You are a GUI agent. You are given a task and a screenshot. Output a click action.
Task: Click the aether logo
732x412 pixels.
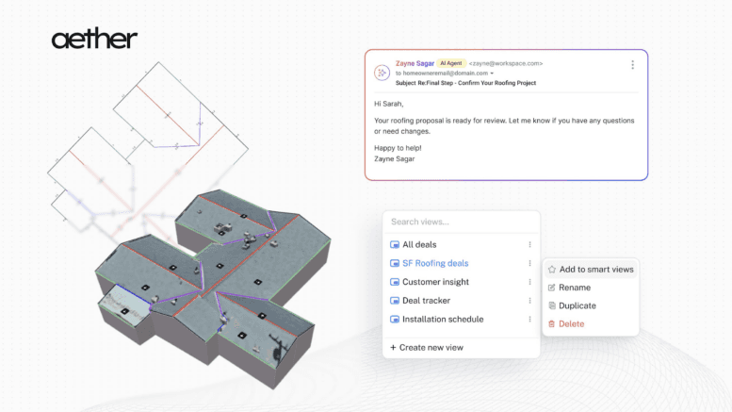(94, 39)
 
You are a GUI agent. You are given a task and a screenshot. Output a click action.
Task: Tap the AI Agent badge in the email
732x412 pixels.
(451, 63)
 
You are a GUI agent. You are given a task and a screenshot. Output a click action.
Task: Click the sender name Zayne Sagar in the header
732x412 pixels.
(415, 63)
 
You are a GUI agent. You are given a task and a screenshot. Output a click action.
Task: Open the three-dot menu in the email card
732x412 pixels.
(632, 64)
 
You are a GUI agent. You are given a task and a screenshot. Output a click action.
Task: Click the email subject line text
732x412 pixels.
(465, 83)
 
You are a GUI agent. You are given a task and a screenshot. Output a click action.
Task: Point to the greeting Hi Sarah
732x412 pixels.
(388, 104)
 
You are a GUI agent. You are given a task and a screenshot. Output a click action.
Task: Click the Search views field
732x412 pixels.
(462, 222)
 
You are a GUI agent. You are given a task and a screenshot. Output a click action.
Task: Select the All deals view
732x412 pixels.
(419, 244)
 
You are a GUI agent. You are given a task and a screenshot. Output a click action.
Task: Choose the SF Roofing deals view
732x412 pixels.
(435, 263)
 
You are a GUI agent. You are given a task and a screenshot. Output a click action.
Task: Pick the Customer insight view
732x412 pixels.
(435, 282)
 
